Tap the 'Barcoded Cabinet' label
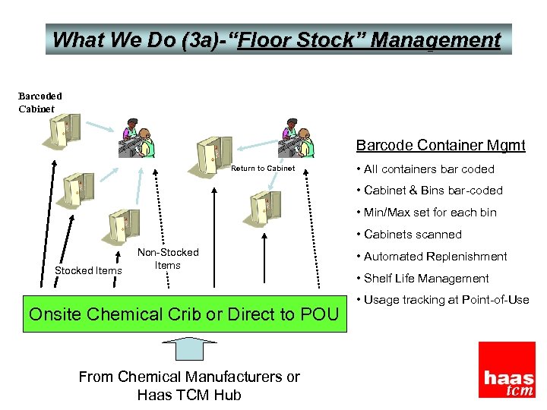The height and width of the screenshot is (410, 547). click(40, 102)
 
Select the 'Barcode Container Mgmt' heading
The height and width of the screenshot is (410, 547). click(441, 146)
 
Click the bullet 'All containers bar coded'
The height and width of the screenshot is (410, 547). click(429, 169)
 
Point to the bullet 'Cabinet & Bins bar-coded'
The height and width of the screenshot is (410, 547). click(433, 191)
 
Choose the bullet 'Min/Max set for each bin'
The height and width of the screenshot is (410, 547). click(430, 213)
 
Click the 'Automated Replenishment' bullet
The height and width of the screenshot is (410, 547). click(435, 257)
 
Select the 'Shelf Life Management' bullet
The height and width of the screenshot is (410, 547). click(426, 279)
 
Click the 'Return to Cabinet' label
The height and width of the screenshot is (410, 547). click(263, 169)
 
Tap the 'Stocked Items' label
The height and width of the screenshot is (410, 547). click(88, 270)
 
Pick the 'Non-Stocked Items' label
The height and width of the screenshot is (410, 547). click(168, 259)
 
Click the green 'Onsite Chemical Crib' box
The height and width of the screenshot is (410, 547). click(184, 314)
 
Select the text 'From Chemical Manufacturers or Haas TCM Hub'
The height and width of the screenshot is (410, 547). click(189, 386)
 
